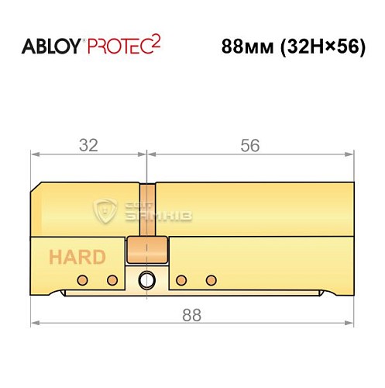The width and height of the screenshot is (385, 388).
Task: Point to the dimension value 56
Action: (x=249, y=145)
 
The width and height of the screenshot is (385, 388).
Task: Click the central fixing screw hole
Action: (x=145, y=280)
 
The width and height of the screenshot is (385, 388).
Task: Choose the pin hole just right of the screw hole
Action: (x=181, y=279)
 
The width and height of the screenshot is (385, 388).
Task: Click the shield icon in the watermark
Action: (x=104, y=210)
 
